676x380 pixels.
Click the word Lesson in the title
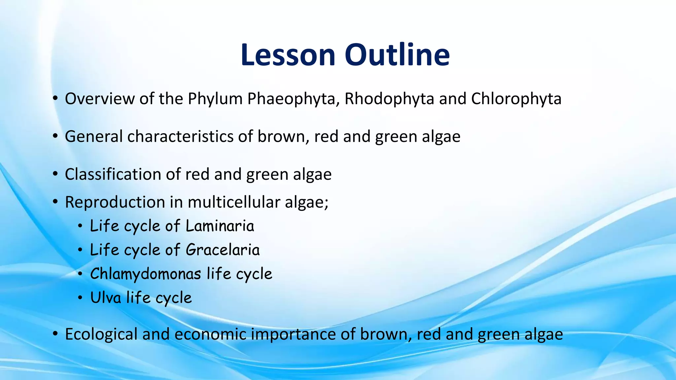[288, 55]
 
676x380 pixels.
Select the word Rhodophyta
[389, 99]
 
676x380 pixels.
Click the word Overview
[100, 99]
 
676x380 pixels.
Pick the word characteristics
[180, 137]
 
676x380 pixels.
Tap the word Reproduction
[115, 202]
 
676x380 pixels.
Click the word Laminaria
[220, 226]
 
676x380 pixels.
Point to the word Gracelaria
[222, 250]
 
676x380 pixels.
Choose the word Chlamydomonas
[146, 274]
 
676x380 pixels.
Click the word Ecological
[101, 334]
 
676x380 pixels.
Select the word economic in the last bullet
[210, 334]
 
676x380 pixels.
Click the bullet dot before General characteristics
[55, 137]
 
